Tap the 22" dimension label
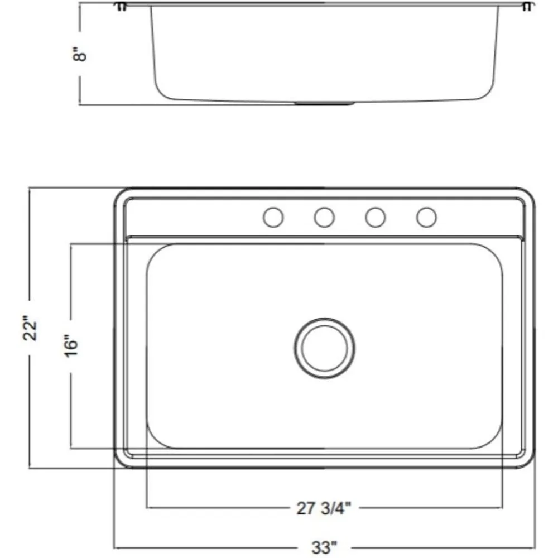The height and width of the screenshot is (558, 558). point(30,328)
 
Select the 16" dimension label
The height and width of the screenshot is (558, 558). point(71,346)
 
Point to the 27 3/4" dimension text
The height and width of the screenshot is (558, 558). point(324,508)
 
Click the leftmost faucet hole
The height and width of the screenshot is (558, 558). point(273,217)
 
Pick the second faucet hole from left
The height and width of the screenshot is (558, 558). point(324,217)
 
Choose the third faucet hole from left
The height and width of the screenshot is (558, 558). point(375,217)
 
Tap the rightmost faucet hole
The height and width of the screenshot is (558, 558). point(426,217)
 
